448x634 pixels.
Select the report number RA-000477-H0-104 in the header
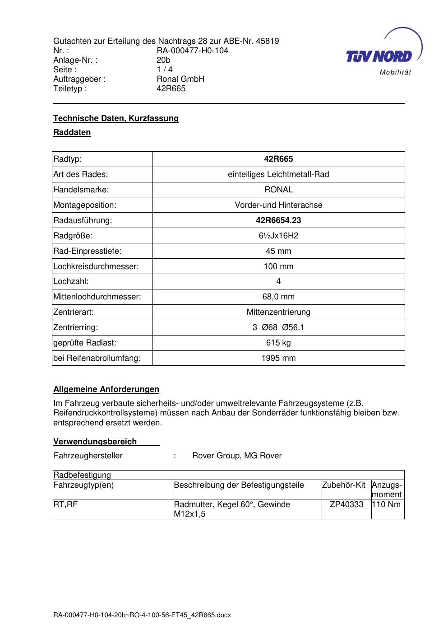click(192, 51)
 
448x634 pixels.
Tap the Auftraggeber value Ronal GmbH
click(180, 79)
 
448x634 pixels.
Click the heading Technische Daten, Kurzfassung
click(116, 118)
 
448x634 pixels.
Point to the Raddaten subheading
click(72, 132)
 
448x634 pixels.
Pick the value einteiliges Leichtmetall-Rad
click(278, 174)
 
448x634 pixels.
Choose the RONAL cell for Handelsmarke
click(278, 190)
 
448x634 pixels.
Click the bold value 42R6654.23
click(278, 220)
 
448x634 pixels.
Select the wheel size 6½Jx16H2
click(278, 236)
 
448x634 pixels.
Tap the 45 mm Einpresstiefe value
click(278, 251)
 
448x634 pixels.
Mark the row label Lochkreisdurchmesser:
click(96, 266)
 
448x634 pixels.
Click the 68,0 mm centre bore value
click(278, 297)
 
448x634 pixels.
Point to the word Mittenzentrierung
click(278, 312)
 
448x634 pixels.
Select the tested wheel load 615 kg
click(278, 343)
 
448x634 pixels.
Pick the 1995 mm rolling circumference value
click(278, 358)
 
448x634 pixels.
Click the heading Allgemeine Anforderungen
click(106, 389)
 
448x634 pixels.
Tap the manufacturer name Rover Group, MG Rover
click(237, 456)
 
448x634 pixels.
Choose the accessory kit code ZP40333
click(346, 504)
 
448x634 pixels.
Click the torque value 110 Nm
click(387, 504)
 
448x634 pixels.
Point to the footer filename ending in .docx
click(142, 615)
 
